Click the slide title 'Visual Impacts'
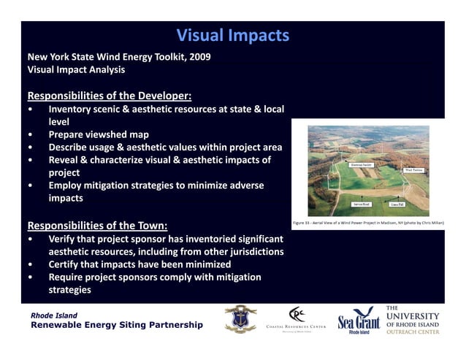[x=233, y=36]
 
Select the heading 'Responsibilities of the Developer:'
[x=110, y=96]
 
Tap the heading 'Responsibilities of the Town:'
[x=97, y=225]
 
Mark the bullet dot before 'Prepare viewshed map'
[x=29, y=135]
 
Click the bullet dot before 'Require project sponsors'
[x=29, y=277]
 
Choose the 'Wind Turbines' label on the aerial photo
[x=413, y=170]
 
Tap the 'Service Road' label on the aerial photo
[x=362, y=204]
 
